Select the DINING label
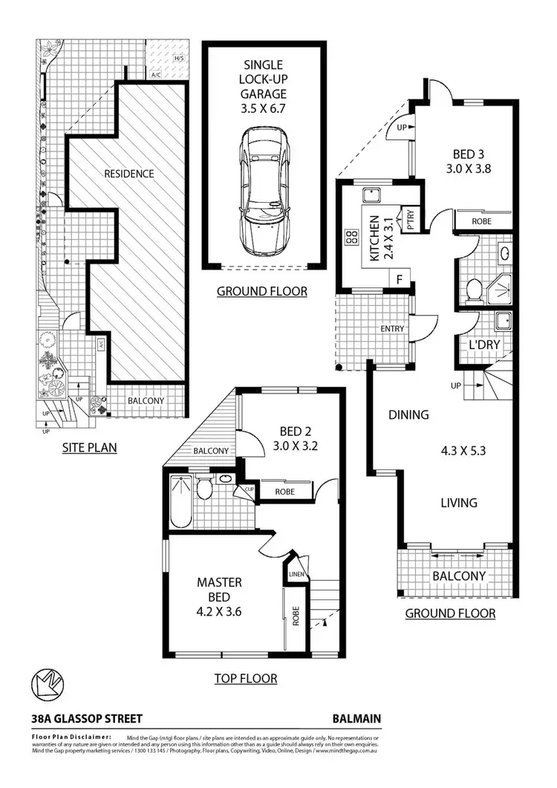(408, 415)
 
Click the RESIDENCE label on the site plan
(128, 174)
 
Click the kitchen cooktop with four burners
(349, 238)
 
